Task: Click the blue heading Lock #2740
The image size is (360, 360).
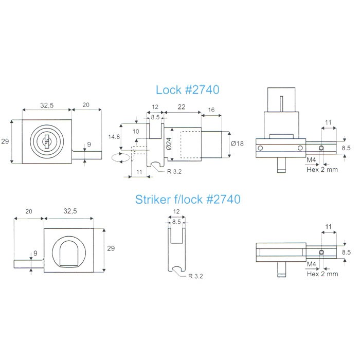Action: tap(187, 90)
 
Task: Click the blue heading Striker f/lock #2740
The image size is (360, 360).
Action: tap(188, 200)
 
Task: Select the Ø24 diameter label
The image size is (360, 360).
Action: tap(169, 143)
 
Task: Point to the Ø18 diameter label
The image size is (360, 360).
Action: tap(237, 143)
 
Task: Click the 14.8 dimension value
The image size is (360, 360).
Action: tap(114, 137)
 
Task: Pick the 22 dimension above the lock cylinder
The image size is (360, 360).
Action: tap(182, 107)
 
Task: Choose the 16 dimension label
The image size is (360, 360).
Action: tap(211, 110)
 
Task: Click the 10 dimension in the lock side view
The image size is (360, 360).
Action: tap(136, 131)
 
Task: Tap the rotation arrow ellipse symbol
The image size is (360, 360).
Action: tap(120, 158)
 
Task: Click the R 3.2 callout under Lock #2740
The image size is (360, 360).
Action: tap(174, 171)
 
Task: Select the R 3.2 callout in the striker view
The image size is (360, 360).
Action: tap(195, 276)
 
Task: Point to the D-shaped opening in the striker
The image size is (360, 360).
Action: tap(69, 254)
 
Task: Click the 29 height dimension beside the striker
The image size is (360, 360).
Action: tap(111, 248)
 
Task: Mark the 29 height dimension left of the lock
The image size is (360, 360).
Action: tap(5, 141)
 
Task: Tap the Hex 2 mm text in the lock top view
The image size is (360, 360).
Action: tap(322, 170)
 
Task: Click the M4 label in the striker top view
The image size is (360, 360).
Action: tap(311, 264)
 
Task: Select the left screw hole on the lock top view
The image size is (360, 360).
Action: tap(260, 148)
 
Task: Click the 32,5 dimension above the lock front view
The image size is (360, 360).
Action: tap(47, 105)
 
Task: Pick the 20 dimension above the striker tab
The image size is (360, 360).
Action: tap(29, 211)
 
